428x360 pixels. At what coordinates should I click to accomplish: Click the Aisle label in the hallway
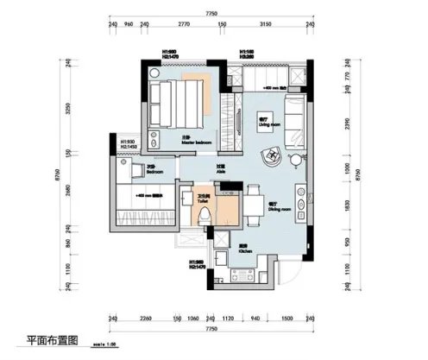point(220,169)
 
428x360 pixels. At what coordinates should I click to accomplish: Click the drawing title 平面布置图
point(52,343)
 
